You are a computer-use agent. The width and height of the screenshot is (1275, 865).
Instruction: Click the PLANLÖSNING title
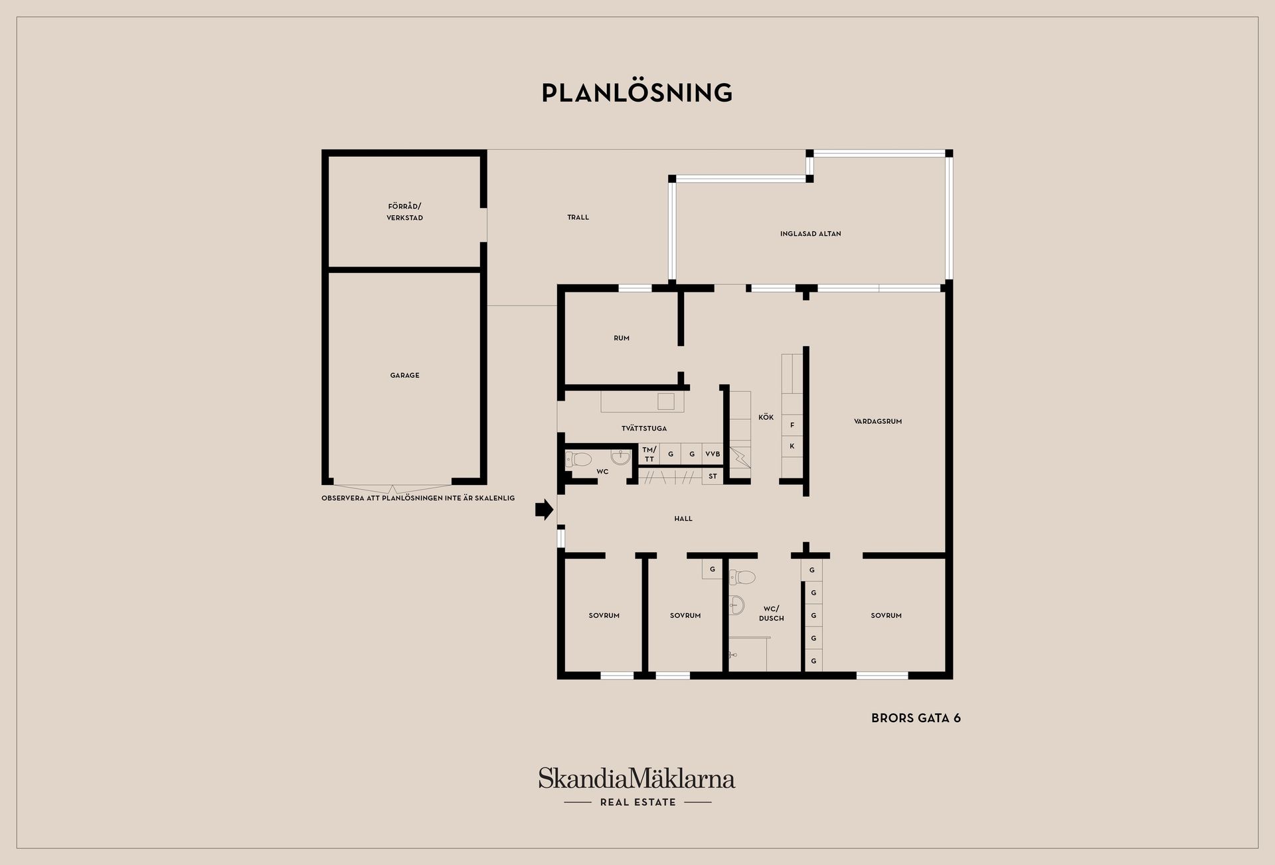pos(637,92)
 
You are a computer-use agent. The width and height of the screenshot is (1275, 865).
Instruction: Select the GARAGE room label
pos(404,375)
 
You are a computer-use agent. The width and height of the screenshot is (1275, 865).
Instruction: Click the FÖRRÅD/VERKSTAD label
pos(404,212)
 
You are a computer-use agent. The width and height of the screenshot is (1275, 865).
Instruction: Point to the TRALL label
pos(578,217)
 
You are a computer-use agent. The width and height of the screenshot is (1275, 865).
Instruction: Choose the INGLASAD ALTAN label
pos(811,234)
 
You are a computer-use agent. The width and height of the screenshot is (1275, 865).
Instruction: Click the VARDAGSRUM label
pos(878,421)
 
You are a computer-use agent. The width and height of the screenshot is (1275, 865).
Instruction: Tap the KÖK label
pos(766,417)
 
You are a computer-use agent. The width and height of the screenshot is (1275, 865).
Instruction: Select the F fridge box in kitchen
pos(792,425)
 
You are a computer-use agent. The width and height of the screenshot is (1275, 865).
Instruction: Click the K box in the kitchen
pos(792,446)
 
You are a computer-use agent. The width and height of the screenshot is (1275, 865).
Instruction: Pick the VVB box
pos(713,454)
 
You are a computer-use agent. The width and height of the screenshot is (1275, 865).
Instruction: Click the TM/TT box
pos(649,454)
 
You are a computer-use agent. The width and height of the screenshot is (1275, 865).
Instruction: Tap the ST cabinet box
pos(713,476)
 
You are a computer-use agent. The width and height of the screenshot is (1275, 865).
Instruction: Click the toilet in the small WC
pos(578,459)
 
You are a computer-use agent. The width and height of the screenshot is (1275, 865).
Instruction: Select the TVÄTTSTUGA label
pos(644,429)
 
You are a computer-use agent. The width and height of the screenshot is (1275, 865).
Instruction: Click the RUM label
pos(622,338)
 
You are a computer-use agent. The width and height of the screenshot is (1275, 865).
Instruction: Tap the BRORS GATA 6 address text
pos(916,718)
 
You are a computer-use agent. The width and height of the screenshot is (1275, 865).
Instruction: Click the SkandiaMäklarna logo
pos(637,787)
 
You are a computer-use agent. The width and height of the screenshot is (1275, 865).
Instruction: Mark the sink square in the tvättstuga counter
pos(666,401)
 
